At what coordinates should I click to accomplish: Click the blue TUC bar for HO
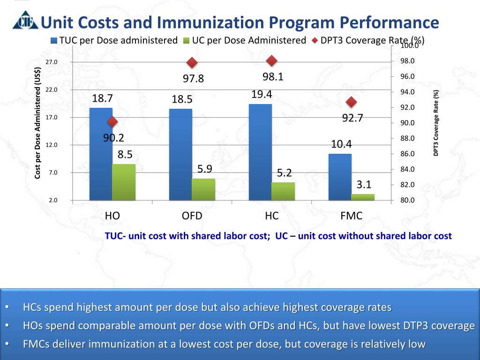101,155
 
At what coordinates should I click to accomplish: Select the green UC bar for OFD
203,189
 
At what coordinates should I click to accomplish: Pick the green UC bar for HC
283,191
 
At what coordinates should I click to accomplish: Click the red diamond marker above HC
271,61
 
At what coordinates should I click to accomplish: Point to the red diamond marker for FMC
351,102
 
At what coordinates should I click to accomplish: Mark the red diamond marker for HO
112,122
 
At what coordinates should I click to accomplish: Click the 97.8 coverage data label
193,79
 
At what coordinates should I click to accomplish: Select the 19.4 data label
262,95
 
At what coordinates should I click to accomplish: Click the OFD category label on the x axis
192,216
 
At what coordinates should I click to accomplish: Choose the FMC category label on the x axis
351,216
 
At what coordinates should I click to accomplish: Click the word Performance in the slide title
389,22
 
